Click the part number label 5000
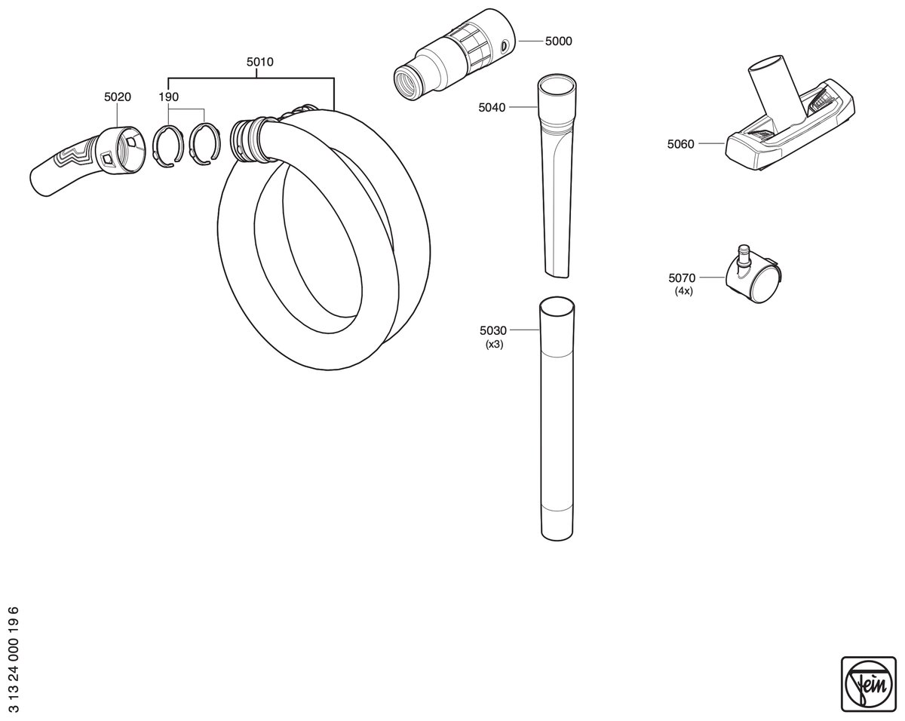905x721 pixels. pos(559,41)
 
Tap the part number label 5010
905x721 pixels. pos(260,62)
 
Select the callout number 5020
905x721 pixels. pos(118,97)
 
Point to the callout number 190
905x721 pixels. pos(169,97)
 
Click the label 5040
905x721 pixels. pos(492,108)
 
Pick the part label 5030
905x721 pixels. pos(493,330)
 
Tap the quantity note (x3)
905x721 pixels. pos(494,345)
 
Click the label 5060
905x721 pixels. pos(680,144)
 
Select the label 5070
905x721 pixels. pos(682,278)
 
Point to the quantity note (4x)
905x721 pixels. pos(683,291)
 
